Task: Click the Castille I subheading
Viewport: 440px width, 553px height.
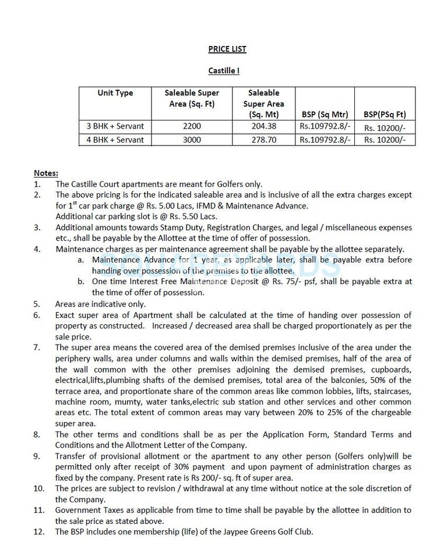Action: (224, 71)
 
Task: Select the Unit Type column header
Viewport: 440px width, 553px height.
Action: (115, 93)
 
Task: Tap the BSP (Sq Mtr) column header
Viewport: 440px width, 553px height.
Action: (325, 114)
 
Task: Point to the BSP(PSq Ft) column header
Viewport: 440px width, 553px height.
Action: (385, 114)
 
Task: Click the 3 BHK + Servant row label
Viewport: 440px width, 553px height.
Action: (115, 126)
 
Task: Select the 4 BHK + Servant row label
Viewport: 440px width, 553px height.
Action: (115, 140)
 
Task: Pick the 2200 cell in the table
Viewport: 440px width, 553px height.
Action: (192, 126)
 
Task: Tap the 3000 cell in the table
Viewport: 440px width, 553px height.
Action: (192, 140)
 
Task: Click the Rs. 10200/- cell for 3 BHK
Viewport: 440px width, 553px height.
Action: (385, 127)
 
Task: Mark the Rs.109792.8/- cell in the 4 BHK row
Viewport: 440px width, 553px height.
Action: (325, 140)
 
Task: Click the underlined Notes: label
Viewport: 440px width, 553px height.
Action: (46, 173)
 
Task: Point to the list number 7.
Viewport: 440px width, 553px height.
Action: (37, 348)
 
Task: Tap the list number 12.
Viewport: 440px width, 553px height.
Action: (38, 531)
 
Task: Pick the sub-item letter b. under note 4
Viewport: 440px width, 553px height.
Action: (80, 282)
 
